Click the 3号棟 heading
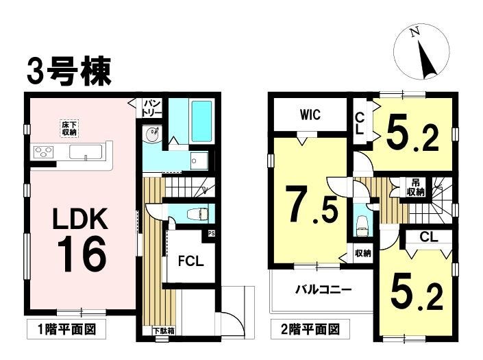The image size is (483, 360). click(69, 71)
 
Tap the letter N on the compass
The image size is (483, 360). click(414, 32)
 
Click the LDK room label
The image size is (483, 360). click(81, 219)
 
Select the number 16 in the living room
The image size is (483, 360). click(82, 254)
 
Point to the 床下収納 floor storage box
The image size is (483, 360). click(69, 129)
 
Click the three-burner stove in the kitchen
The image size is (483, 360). click(44, 152)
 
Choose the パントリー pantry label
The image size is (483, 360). click(152, 108)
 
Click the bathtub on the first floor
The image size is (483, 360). click(201, 121)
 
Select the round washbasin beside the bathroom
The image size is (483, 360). click(152, 134)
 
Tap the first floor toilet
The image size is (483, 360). click(197, 213)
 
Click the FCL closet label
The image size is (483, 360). click(191, 261)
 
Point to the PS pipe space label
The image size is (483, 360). click(211, 233)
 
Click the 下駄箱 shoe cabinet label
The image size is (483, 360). click(164, 331)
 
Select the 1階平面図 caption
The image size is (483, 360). click(67, 330)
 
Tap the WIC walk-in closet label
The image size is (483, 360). click(310, 115)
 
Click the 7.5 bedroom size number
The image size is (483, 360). click(313, 204)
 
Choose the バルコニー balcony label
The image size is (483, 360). click(324, 290)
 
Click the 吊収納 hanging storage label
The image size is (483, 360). click(416, 187)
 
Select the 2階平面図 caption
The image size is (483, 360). click(310, 330)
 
